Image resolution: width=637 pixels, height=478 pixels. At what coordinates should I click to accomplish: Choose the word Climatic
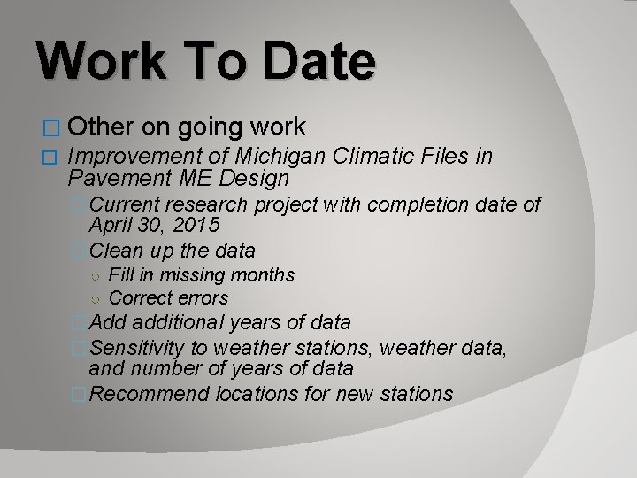pyautogui.click(x=372, y=158)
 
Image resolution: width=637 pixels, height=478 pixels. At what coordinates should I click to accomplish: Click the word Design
pyautogui.click(x=251, y=179)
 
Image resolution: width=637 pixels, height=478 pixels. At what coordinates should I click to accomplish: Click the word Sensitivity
pyautogui.click(x=138, y=345)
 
